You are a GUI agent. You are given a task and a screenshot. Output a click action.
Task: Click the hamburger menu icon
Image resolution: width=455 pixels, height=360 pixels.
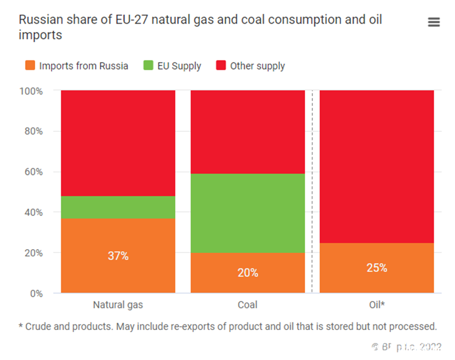coord(433,22)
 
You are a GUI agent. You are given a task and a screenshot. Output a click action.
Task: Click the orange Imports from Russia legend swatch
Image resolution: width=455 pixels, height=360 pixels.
coord(30,66)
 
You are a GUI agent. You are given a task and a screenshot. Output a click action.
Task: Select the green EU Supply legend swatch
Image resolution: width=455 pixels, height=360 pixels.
coord(148,66)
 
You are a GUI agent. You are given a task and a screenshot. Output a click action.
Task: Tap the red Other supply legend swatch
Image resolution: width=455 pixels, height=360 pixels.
coord(221,66)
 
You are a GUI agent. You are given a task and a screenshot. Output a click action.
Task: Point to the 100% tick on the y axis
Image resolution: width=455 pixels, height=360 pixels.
coord(33,91)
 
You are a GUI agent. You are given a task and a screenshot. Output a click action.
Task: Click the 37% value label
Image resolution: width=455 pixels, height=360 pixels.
coord(118,256)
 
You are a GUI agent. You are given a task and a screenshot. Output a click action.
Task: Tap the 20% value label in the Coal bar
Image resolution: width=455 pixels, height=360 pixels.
coord(248,273)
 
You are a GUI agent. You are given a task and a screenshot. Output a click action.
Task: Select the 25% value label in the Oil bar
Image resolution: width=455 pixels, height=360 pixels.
coord(377,268)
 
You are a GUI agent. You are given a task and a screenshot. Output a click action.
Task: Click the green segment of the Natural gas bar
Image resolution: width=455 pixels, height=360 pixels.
coord(118,207)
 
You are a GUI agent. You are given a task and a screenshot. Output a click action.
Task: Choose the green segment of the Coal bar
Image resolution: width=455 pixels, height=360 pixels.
coord(248,213)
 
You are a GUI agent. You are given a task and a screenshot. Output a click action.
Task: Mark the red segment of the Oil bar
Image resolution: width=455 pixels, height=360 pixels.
coord(377,166)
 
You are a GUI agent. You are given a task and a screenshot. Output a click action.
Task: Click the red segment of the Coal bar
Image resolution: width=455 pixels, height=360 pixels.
coord(248,132)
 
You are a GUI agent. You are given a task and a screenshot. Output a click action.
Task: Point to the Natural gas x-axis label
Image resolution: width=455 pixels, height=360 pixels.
coord(118,305)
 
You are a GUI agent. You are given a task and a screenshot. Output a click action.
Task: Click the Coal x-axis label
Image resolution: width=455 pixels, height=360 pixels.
coord(248,305)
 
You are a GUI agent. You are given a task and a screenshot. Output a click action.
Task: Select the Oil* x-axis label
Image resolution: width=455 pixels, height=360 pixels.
coord(377,305)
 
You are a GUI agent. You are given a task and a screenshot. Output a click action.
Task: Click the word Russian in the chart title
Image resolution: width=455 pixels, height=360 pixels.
coord(36,20)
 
